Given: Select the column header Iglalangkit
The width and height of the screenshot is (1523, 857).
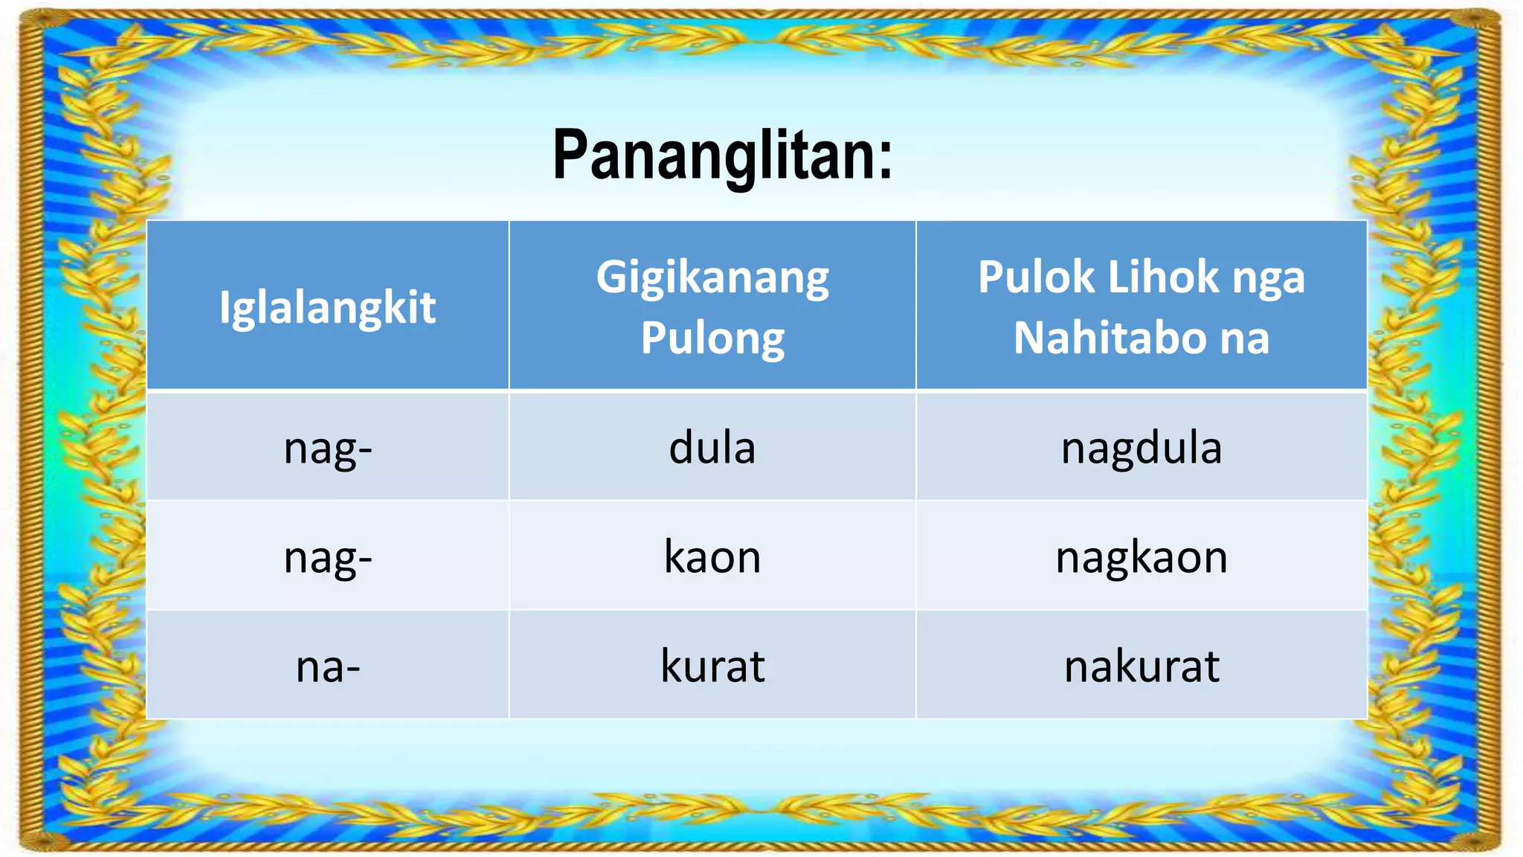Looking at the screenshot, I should [327, 307].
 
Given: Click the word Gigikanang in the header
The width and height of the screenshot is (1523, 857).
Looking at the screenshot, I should [712, 278].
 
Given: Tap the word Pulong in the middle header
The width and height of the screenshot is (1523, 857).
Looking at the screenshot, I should [712, 338].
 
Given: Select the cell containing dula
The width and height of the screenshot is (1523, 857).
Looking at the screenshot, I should [712, 448].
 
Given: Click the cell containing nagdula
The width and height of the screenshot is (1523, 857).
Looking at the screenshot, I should [1142, 448].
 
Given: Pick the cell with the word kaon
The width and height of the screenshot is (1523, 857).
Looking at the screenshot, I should [712, 556].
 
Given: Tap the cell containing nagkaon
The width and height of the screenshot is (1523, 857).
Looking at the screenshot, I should [1142, 556].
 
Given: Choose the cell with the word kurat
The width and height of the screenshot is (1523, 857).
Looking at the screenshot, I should [712, 666].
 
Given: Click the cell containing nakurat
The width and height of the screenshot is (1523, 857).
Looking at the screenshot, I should [1142, 666].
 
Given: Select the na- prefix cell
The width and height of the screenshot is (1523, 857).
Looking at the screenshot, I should [328, 666].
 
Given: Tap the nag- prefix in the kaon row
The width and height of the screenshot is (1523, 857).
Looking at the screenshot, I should [328, 558].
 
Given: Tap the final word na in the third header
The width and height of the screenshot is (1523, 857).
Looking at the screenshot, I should [1244, 338].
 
